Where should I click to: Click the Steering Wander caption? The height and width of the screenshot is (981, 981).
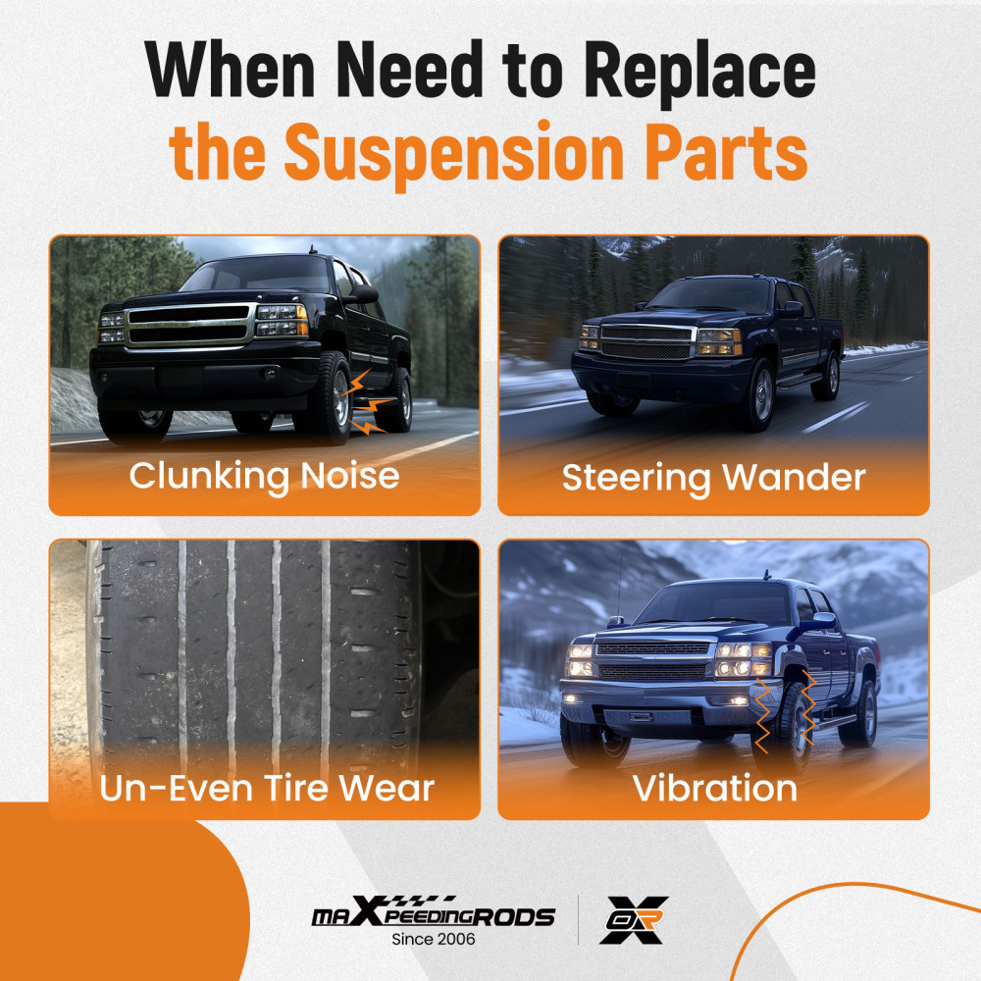coord(713,478)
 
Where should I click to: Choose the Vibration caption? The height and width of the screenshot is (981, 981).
coord(714,788)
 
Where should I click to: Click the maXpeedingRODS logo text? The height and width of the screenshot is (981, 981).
coord(433,916)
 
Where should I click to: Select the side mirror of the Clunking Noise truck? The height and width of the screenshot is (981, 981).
coord(362,293)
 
